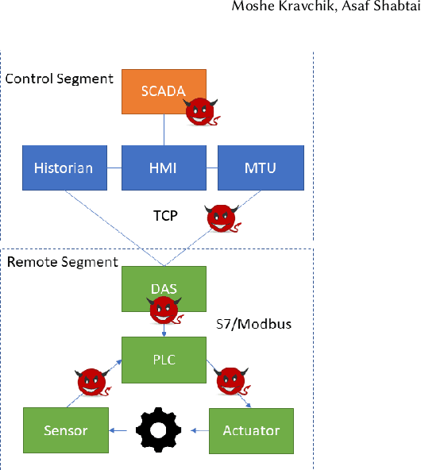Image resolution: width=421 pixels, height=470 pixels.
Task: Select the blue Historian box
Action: pyautogui.click(x=64, y=168)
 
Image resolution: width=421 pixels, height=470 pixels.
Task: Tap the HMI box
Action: pyautogui.click(x=164, y=168)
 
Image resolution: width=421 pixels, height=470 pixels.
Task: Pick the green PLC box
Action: pyautogui.click(x=164, y=359)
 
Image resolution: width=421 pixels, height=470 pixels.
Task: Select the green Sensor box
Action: pyautogui.click(x=65, y=430)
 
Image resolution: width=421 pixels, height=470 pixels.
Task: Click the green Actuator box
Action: pyautogui.click(x=251, y=430)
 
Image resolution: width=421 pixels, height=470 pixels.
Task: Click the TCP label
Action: pyautogui.click(x=166, y=215)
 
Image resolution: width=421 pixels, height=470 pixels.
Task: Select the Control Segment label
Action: pyautogui.click(x=59, y=79)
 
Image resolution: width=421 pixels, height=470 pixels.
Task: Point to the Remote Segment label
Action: pyautogui.click(x=62, y=261)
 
